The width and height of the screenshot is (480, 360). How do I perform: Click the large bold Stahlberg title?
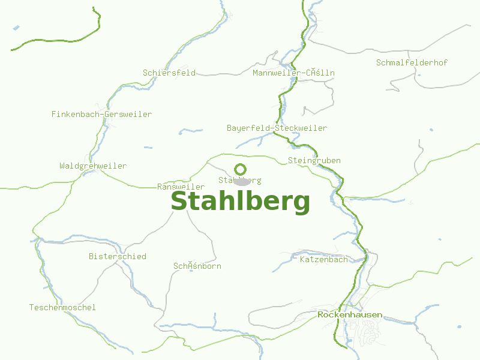[240, 202]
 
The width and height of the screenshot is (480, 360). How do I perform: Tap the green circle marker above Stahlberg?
[240, 169]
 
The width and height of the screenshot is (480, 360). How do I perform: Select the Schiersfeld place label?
[169, 73]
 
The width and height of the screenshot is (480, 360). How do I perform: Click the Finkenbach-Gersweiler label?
[101, 114]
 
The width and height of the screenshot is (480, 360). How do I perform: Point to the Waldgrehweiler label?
[93, 166]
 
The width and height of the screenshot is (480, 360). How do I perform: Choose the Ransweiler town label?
[181, 187]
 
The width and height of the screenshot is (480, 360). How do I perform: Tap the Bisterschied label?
[118, 256]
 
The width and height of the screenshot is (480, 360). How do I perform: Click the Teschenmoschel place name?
[62, 307]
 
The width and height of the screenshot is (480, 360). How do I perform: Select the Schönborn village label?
[197, 266]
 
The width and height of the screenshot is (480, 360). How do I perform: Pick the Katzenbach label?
[323, 260]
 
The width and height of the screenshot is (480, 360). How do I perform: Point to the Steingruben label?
[314, 160]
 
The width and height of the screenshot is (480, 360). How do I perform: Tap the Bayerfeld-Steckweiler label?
[277, 128]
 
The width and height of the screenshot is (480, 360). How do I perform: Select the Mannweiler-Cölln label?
[294, 73]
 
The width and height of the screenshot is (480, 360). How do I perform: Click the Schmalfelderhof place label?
[412, 62]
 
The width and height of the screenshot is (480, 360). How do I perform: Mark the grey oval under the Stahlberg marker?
[242, 182]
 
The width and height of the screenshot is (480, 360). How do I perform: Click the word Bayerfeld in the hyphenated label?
[248, 128]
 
